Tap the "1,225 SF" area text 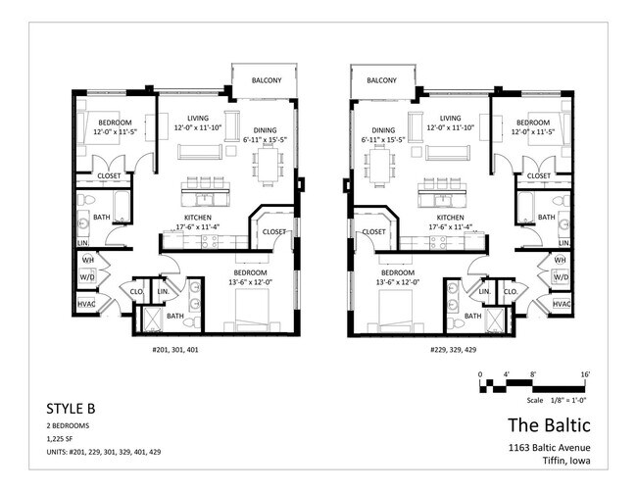[x=63, y=442]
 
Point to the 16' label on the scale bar [x=584, y=374]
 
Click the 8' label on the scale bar [x=532, y=374]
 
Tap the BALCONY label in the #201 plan [x=267, y=80]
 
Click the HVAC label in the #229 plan [x=562, y=305]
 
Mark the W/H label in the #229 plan [x=561, y=260]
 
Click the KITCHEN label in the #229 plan [x=451, y=218]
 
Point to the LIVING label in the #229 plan [x=451, y=118]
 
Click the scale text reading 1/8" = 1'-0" [x=557, y=398]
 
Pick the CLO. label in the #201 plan [x=135, y=291]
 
